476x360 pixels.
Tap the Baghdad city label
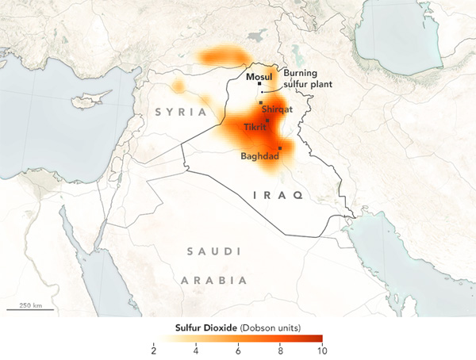[x=259, y=156]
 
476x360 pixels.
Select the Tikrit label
[x=255, y=127]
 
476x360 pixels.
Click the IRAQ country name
[x=277, y=194]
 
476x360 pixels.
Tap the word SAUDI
[x=212, y=251]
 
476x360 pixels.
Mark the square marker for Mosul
[x=259, y=83]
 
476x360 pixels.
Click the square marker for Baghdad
[x=280, y=148]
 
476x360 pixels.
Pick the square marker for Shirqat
[x=261, y=103]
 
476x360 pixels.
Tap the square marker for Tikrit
[x=267, y=121]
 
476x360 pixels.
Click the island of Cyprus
[x=85, y=102]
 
